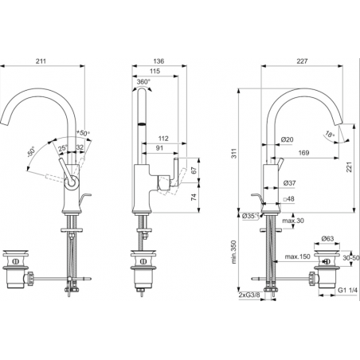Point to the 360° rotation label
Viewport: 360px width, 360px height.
click(144, 81)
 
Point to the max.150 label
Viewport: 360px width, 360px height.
click(295, 257)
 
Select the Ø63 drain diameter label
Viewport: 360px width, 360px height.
click(330, 237)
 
